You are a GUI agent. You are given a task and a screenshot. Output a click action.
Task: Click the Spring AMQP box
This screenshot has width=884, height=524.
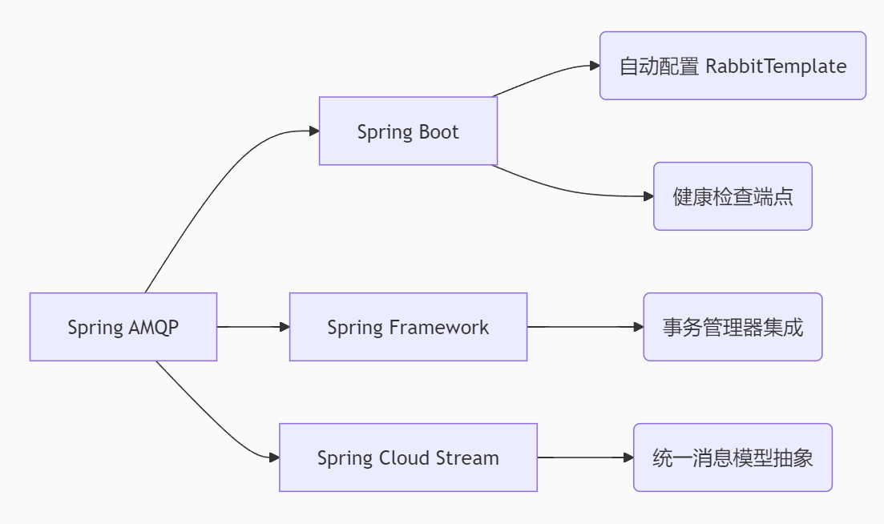coord(123,327)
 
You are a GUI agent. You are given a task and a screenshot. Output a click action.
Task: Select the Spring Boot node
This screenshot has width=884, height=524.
coord(408,131)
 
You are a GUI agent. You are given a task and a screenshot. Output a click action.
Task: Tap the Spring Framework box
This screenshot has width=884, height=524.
coord(408,327)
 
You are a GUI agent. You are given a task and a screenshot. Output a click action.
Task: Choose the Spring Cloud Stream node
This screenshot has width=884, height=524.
coord(408,457)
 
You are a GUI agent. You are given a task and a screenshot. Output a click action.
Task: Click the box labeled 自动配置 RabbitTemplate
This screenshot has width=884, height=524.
coord(733,66)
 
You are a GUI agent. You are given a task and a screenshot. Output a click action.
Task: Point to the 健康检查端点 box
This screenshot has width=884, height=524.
coord(733,196)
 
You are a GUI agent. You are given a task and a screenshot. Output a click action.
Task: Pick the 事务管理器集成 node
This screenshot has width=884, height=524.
coord(733,327)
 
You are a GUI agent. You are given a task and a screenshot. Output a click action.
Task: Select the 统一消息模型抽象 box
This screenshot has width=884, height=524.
coord(733,457)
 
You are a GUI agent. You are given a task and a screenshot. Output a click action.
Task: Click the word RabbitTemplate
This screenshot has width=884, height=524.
coord(775,66)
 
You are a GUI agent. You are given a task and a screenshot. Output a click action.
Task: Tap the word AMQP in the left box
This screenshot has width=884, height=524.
coord(152,328)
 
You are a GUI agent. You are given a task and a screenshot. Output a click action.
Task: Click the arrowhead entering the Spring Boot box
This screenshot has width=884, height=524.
coord(313,131)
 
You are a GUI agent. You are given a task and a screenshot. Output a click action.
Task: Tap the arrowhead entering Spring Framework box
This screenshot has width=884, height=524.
coord(284,327)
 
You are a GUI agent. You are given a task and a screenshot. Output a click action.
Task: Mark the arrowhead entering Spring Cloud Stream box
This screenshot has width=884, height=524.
coord(273,457)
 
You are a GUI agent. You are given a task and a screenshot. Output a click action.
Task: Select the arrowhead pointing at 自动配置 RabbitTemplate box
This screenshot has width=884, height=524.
coord(594,66)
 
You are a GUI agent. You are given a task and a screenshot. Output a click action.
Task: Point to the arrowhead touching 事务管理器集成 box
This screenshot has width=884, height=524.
coord(638,327)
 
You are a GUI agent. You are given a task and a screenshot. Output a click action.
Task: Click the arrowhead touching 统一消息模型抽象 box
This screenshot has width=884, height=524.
coord(628,457)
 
